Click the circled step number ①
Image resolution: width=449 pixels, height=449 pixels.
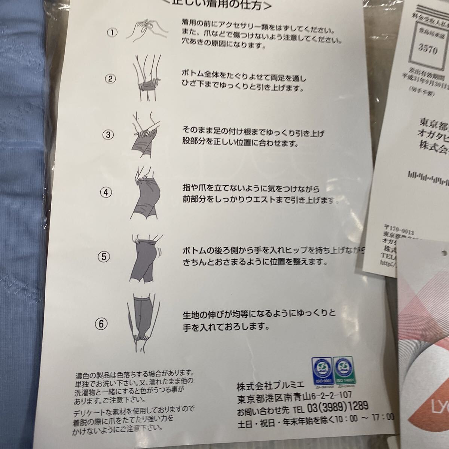pyautogui.click(x=112, y=33)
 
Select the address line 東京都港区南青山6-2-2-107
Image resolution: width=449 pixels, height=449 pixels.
pyautogui.click(x=294, y=396)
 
